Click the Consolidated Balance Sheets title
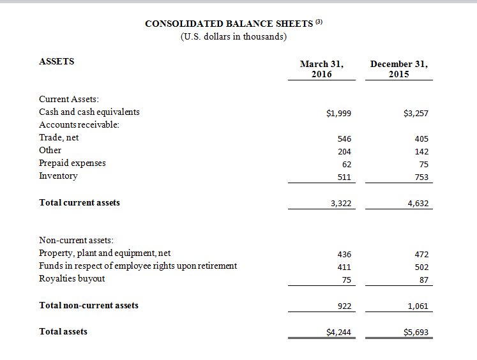click(x=229, y=24)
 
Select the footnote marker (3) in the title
click(x=320, y=22)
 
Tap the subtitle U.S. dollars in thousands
click(x=234, y=36)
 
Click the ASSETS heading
click(x=57, y=62)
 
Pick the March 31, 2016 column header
click(x=322, y=69)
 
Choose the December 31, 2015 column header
click(x=398, y=69)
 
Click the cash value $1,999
click(x=338, y=114)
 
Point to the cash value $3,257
click(x=416, y=114)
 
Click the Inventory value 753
click(x=421, y=177)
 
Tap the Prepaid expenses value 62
click(x=346, y=164)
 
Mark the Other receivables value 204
click(x=344, y=151)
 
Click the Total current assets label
click(x=80, y=202)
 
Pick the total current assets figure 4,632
click(x=417, y=204)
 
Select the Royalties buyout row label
click(x=72, y=278)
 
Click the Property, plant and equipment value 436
click(x=344, y=254)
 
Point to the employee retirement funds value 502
click(x=421, y=267)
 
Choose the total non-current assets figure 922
click(x=344, y=306)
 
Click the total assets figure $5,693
click(x=416, y=333)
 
